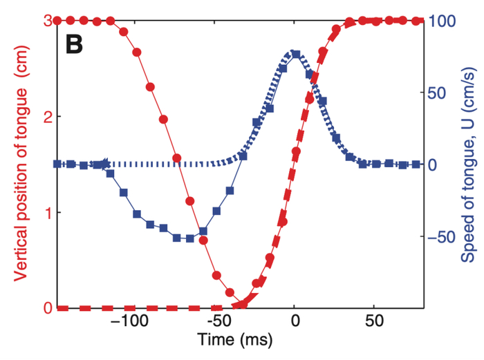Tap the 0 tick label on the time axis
[295, 322]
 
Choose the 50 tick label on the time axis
[374, 322]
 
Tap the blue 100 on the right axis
[440, 21]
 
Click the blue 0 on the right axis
[431, 164]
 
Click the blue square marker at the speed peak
[296, 55]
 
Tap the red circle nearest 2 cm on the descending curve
[164, 120]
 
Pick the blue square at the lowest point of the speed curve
[190, 238]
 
